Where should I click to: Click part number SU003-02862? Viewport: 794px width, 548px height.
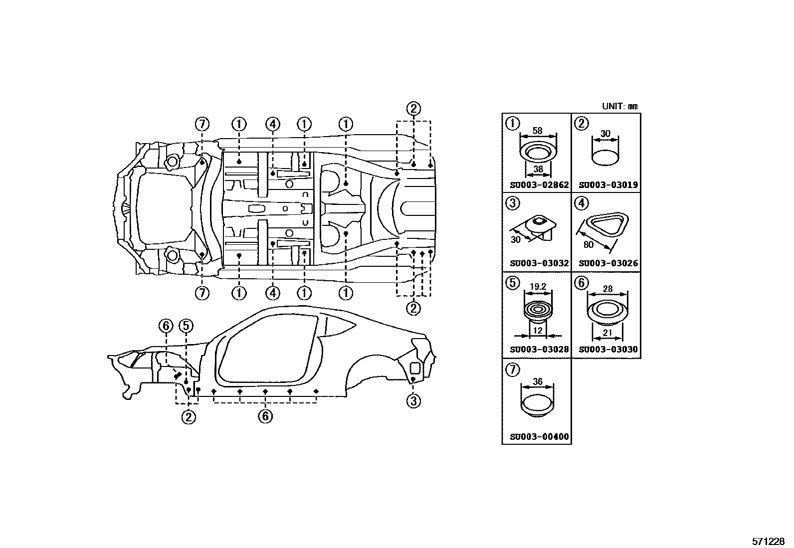point(539,185)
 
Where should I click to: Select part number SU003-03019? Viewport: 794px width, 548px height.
point(608,185)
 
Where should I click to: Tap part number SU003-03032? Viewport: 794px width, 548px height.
point(539,263)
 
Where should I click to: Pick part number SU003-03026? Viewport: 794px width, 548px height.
point(608,263)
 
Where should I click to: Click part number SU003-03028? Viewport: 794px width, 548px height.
point(539,350)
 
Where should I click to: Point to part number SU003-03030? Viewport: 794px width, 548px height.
point(608,350)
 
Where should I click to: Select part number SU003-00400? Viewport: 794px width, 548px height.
point(539,437)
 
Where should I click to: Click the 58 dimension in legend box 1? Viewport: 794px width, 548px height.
point(537,131)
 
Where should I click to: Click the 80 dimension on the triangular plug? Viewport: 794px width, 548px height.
point(589,245)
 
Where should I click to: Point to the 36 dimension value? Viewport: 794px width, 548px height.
point(537,381)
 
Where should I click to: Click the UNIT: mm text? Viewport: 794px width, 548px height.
point(619,106)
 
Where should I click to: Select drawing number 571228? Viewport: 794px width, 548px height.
point(769,542)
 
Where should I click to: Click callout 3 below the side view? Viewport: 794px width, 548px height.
point(413,401)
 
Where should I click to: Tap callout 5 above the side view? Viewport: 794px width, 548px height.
point(186,326)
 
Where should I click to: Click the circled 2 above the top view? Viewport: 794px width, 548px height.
point(413,108)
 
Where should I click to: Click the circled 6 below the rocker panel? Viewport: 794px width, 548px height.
point(265,415)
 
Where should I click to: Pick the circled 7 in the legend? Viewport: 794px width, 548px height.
point(512,369)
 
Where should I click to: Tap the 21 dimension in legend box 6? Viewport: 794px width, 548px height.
point(607,333)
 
